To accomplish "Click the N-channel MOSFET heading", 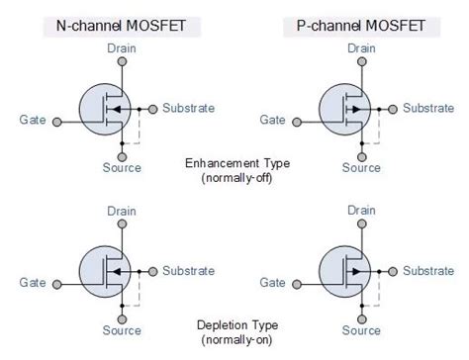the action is pyautogui.click(x=121, y=26).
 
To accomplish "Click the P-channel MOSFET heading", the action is pyautogui.click(x=361, y=26).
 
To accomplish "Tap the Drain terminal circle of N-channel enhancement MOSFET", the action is pyautogui.click(x=122, y=61).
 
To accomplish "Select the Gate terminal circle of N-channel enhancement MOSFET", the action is pyautogui.click(x=57, y=122).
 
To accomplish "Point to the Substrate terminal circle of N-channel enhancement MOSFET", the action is pyautogui.click(x=152, y=109).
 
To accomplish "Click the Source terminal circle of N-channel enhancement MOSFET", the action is pyautogui.click(x=122, y=157).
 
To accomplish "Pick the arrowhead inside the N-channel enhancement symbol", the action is pyautogui.click(x=115, y=109).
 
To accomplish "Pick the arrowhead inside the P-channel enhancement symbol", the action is pyautogui.click(x=356, y=109).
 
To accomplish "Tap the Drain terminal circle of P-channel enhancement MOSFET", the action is pyautogui.click(x=362, y=61).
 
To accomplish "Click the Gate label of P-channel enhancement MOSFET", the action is pyautogui.click(x=272, y=120).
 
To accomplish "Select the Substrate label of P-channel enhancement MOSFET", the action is pyautogui.click(x=428, y=108).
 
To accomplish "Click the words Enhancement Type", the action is pyautogui.click(x=237, y=163).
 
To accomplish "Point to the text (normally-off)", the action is pyautogui.click(x=236, y=178).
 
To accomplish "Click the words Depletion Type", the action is pyautogui.click(x=237, y=325).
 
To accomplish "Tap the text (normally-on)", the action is pyautogui.click(x=236, y=340).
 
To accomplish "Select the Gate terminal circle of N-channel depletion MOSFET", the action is pyautogui.click(x=57, y=284).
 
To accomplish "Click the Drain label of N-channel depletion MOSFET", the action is pyautogui.click(x=122, y=211).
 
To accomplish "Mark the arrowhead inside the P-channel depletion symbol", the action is pyautogui.click(x=356, y=272).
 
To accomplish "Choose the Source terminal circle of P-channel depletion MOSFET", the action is pyautogui.click(x=362, y=319).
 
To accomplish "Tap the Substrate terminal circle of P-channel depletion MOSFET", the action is pyautogui.click(x=393, y=272).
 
